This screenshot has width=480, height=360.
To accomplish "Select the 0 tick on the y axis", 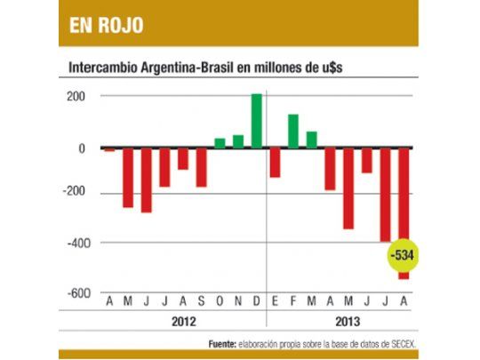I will [x=81, y=148].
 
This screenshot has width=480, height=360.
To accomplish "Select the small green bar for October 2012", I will [x=220, y=142].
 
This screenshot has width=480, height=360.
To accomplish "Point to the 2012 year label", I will [x=181, y=323].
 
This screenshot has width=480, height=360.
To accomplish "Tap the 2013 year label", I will [x=339, y=323].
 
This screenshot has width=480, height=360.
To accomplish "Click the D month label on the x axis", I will [x=256, y=303].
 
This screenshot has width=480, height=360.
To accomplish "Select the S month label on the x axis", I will [x=201, y=303].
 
